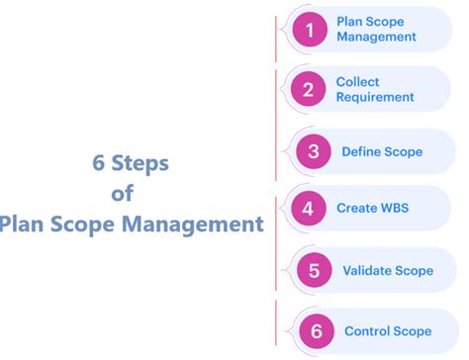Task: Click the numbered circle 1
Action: point(310,30)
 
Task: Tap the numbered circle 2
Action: point(309,90)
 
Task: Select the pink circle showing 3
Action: point(313,151)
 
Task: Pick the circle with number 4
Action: point(308,209)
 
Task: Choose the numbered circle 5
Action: point(314,270)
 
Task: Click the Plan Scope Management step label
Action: point(376,30)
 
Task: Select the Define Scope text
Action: point(382,151)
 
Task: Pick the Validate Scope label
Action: point(388,270)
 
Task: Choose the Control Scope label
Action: point(388,330)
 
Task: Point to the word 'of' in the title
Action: point(123,193)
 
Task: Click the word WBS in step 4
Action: point(393,209)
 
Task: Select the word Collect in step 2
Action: point(357,82)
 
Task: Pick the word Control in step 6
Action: point(366,330)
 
